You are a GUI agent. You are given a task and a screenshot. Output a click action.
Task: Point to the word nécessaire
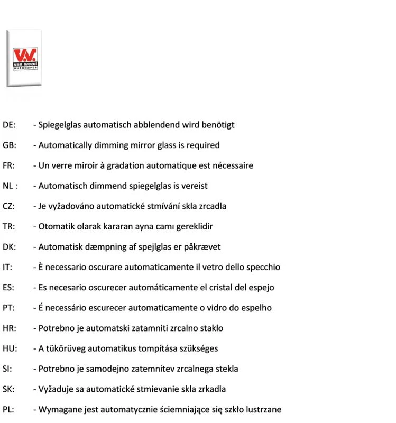[233, 165]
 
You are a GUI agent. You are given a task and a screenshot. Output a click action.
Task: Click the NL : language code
[10, 186]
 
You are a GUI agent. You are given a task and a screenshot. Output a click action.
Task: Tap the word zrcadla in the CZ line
[211, 206]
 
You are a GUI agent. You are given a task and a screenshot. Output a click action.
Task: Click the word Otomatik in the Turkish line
[55, 226]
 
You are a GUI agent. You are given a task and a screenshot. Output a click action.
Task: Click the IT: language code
[7, 267]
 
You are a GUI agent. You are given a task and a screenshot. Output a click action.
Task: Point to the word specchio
[263, 267]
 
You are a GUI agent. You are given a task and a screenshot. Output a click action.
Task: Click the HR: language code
[9, 328]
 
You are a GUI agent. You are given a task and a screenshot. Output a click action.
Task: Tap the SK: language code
[8, 389]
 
